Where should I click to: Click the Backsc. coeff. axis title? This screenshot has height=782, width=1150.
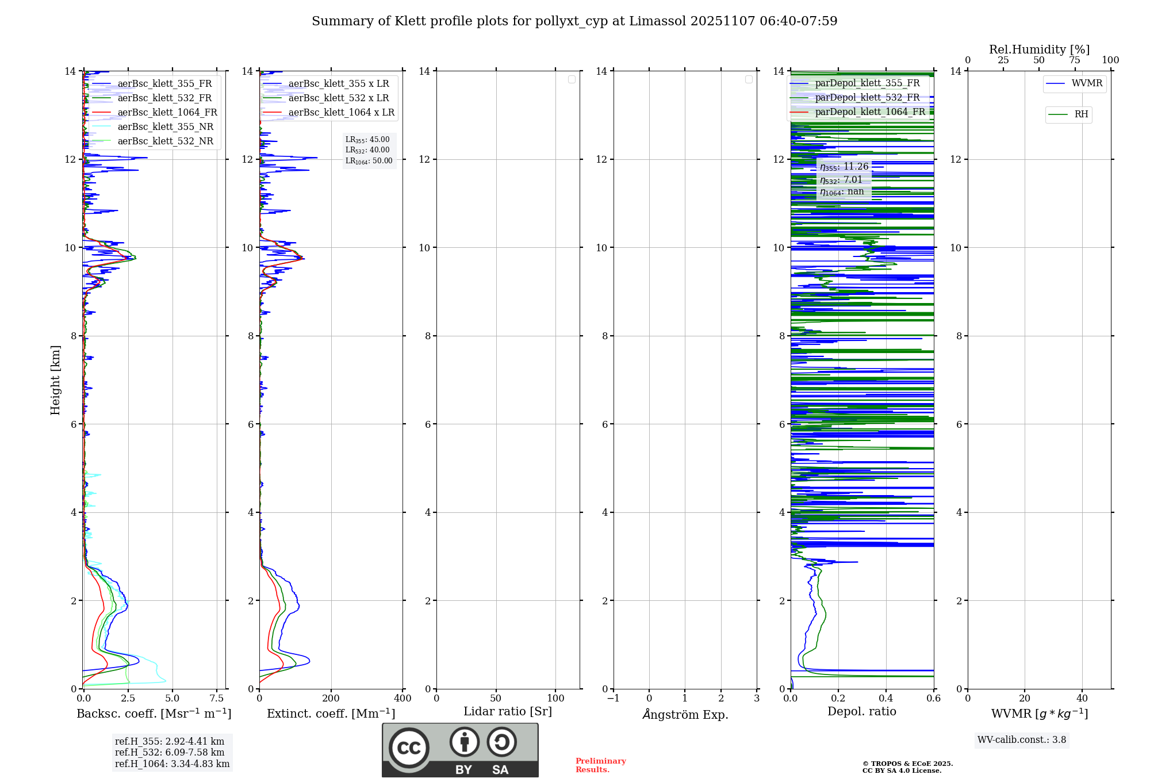(x=154, y=714)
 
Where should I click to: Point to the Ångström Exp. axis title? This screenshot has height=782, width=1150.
(x=685, y=714)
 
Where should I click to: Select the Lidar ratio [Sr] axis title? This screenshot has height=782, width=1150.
(x=508, y=711)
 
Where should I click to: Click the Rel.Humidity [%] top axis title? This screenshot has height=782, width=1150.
(x=1039, y=49)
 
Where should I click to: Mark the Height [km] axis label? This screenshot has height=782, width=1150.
(x=55, y=380)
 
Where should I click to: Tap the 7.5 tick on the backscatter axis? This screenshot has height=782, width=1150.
(x=217, y=699)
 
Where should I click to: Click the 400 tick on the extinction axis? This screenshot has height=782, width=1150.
(x=402, y=699)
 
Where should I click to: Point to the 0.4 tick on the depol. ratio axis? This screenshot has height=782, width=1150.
(x=885, y=699)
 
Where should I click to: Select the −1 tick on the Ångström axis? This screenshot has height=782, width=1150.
(x=614, y=699)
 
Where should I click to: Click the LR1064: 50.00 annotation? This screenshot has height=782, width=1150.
(x=369, y=161)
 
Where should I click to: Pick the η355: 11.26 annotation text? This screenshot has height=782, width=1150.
(x=844, y=167)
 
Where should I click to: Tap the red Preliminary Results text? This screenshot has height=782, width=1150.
(x=600, y=765)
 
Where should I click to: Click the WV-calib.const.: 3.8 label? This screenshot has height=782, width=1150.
(x=1022, y=740)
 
